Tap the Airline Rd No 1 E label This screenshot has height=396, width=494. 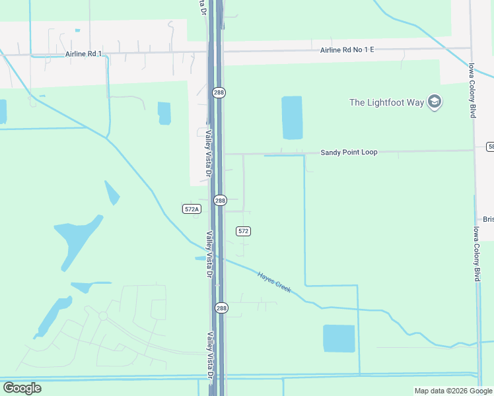[347, 50]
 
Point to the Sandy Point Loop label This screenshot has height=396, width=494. [349, 152]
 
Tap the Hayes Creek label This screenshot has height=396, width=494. [274, 283]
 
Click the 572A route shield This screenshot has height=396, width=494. [191, 209]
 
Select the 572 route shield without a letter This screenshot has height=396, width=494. [243, 231]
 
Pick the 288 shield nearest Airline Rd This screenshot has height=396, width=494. [219, 93]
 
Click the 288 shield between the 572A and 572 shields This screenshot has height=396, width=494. [220, 200]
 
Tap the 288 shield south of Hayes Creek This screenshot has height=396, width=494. [221, 308]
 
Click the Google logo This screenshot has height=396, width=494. [22, 388]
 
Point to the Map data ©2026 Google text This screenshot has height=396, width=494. [452, 391]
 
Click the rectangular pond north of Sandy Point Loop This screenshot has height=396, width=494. [292, 117]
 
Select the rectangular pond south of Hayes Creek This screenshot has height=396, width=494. [339, 339]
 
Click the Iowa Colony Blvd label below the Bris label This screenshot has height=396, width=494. [476, 254]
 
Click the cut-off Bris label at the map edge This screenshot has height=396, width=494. [488, 219]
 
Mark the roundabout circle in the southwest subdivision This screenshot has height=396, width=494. [103, 316]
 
